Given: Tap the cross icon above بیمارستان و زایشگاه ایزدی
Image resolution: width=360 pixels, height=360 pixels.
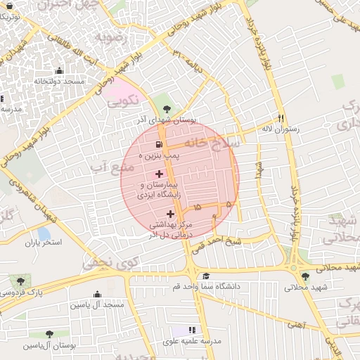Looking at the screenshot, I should (159, 173).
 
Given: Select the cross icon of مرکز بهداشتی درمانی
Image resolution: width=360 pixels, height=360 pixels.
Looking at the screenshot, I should (171, 214).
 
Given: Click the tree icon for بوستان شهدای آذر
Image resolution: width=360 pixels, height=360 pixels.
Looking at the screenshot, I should (166, 109).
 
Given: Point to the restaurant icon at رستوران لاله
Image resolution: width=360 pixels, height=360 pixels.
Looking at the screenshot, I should (281, 118).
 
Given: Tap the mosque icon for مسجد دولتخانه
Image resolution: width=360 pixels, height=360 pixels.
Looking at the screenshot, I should (58, 70).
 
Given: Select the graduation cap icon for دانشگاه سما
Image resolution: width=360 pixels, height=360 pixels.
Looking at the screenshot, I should (205, 276).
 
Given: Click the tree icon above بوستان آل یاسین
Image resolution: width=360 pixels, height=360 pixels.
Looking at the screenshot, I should (48, 334).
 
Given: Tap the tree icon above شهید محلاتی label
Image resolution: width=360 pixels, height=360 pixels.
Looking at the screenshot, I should (304, 276).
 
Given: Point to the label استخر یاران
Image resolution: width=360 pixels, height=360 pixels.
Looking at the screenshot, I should (44, 243).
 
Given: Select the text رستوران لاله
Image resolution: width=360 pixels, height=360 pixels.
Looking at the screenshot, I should (281, 129).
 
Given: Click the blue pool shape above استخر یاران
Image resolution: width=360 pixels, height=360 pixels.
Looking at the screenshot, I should (44, 233).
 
